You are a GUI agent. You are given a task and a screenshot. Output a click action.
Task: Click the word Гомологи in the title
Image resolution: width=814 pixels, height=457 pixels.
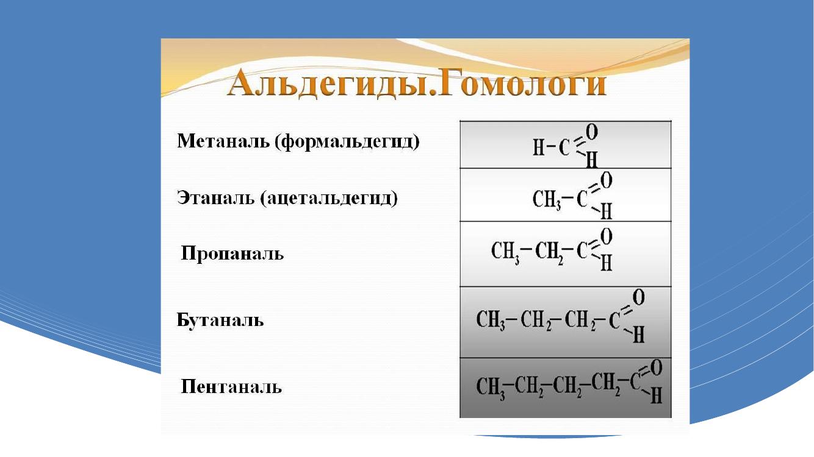pos(522,84)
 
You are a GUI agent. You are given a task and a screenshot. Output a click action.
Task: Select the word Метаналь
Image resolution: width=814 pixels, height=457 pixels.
pos(223,141)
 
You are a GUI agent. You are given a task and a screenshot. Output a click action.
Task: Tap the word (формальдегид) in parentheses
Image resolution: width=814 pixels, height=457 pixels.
pos(347,142)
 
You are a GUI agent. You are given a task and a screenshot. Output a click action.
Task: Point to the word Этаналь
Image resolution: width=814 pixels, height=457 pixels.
pos(215,198)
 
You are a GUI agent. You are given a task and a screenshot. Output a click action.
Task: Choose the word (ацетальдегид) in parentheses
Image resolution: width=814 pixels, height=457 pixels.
pos(329,199)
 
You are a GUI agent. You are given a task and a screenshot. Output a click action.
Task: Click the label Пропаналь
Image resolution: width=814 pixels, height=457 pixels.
pos(232,253)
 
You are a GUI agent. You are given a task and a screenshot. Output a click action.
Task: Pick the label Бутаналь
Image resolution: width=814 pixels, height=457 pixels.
pos(220,320)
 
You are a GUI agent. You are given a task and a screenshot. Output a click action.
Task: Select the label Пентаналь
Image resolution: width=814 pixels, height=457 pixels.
pos(231,386)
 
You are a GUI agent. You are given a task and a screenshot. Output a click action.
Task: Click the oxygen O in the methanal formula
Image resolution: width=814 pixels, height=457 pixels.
pos(592,132)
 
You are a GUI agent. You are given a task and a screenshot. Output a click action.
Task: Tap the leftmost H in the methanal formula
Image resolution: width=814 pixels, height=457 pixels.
pos(539,147)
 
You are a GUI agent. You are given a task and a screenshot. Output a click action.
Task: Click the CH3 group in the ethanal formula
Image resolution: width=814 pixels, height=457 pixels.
pos(547,200)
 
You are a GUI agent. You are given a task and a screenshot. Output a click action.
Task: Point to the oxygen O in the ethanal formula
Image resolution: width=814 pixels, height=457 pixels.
pos(606,181)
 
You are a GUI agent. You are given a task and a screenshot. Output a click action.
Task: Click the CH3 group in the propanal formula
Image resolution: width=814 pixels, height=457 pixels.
pos(505,251)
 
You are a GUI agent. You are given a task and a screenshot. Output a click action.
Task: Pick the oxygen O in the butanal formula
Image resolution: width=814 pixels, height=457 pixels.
pos(639,297)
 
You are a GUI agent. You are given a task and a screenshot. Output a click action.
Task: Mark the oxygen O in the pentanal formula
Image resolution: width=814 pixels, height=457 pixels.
pos(656,369)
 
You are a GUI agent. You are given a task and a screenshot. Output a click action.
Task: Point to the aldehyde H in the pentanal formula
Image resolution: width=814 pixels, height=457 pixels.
pos(657,395)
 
